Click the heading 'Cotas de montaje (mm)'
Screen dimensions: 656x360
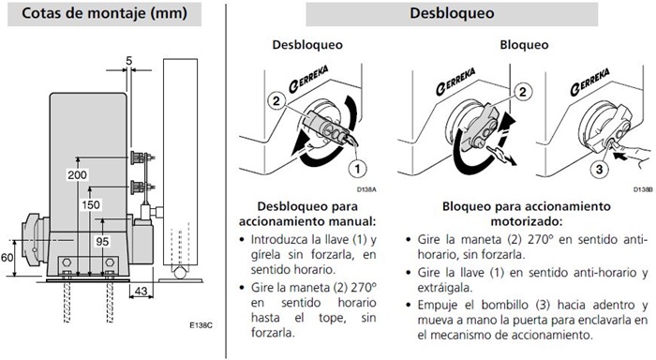pyautogui.click(x=104, y=13)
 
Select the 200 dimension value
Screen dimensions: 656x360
pyautogui.click(x=78, y=174)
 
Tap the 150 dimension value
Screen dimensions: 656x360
pyautogui.click(x=91, y=204)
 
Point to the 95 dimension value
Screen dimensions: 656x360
pyautogui.click(x=102, y=242)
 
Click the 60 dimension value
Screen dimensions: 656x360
pyautogui.click(x=7, y=257)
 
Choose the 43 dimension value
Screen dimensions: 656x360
pyautogui.click(x=142, y=290)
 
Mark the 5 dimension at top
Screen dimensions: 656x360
pyautogui.click(x=129, y=61)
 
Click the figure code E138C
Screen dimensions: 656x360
pyautogui.click(x=201, y=325)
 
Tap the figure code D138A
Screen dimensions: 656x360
pyautogui.click(x=366, y=189)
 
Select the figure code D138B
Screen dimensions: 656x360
pyautogui.click(x=642, y=189)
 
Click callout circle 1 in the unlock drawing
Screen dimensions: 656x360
pyautogui.click(x=357, y=169)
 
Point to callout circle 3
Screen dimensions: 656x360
pyautogui.click(x=599, y=170)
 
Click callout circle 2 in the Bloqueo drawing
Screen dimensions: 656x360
pyautogui.click(x=523, y=92)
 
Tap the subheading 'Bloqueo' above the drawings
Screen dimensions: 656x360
pyautogui.click(x=524, y=45)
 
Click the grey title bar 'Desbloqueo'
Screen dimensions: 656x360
pyautogui.click(x=452, y=14)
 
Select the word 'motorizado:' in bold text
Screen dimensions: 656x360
pyautogui.click(x=527, y=221)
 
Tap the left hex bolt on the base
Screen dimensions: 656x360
pyautogui.click(x=67, y=262)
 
